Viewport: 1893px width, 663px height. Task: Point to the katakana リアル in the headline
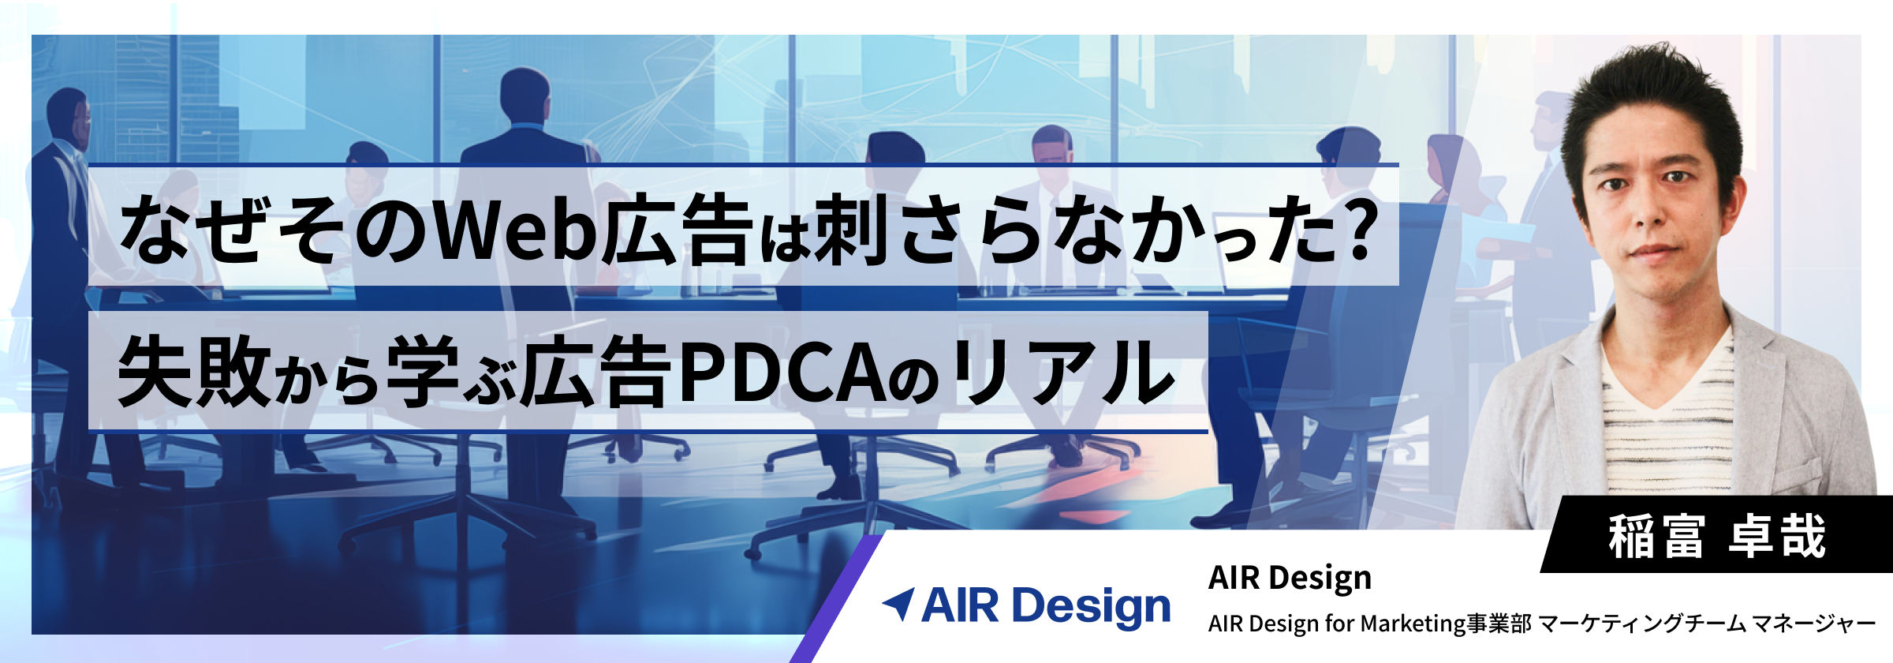pos(1064,371)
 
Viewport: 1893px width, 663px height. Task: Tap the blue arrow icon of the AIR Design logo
pos(898,604)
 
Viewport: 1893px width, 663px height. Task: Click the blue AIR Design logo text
pos(1046,606)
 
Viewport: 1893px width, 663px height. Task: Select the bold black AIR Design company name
pos(1290,579)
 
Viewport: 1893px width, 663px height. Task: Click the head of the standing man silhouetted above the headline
pos(525,95)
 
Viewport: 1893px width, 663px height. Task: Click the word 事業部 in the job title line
pos(1499,624)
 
